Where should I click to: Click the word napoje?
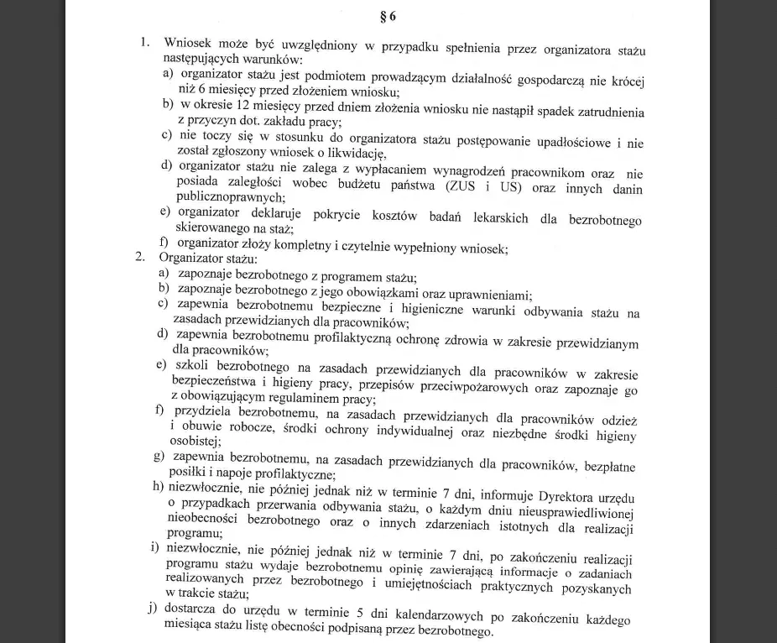pyautogui.click(x=237, y=474)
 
